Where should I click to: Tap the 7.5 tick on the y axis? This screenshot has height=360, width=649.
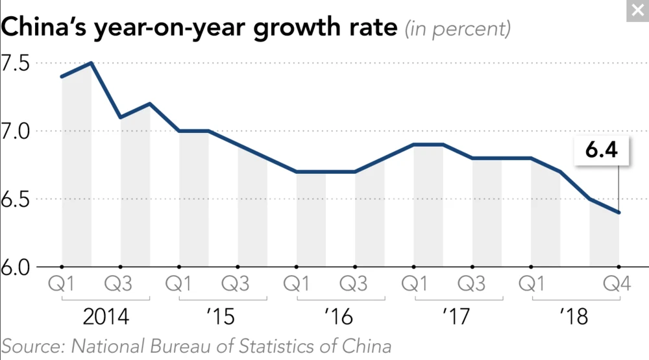point(15,64)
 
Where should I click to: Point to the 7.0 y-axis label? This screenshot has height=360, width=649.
point(15,131)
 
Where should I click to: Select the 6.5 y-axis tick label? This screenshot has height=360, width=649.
point(15,199)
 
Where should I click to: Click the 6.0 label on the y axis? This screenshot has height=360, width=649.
point(15,267)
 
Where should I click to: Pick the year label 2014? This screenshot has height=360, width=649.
point(106,317)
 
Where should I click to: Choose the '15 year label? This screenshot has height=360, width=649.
point(222,317)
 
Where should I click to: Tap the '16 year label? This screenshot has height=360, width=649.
point(339,317)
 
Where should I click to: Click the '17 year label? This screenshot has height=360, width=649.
point(457,317)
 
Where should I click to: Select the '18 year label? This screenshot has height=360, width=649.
point(574,317)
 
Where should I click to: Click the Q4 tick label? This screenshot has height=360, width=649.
point(617,285)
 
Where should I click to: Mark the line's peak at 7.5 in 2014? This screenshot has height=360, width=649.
point(92,63)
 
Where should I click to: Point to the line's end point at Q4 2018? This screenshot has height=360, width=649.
point(618,212)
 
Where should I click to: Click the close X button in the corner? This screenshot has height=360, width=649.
point(637,10)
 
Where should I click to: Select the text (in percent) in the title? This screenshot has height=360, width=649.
point(457,29)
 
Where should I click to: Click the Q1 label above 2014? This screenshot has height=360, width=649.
point(62,285)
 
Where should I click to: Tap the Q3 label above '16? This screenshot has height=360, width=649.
point(354,285)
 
